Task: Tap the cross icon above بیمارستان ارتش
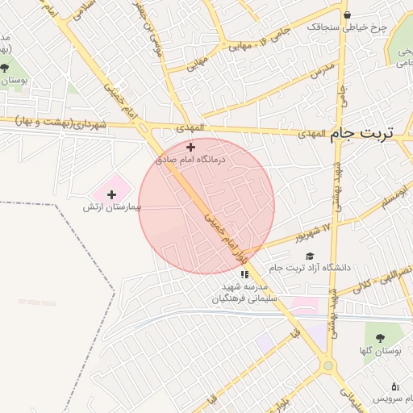pos(111,194)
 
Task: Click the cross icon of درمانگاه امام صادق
pos(190,147)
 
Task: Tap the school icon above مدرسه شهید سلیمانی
pos(244,275)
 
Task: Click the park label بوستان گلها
pos(377,351)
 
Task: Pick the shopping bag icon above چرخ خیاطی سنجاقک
pos(347,15)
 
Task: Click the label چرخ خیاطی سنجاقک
pos(347,27)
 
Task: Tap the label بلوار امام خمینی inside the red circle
pos(227,235)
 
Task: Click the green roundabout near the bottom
pos(327,366)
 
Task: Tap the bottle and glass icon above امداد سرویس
pos(394,387)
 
